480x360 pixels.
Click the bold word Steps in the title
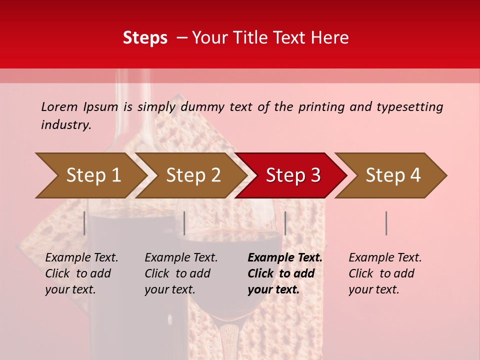tap(145, 38)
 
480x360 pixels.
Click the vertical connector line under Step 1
tap(84, 223)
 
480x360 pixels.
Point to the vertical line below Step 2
tap(184, 223)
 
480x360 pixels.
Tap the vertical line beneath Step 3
tap(285, 223)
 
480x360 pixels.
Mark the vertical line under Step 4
tap(386, 223)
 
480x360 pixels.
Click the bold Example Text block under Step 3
tap(285, 273)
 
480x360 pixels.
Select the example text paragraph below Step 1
tap(81, 273)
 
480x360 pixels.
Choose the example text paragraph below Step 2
tap(181, 273)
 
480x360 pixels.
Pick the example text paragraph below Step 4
tap(385, 273)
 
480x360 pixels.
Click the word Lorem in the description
tap(59, 107)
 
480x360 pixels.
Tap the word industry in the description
tap(66, 125)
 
